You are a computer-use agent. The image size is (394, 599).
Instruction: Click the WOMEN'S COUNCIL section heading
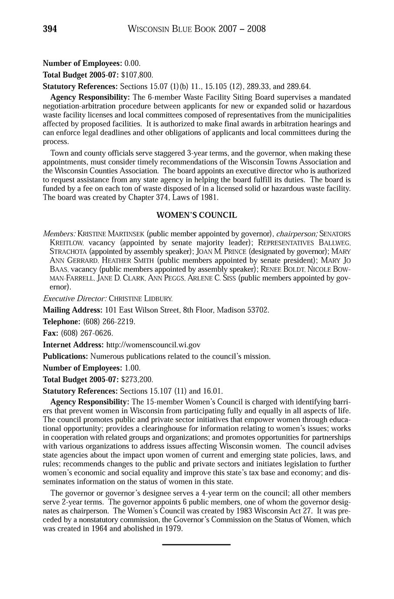click(x=196, y=215)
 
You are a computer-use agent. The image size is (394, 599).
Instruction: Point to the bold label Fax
click(x=50, y=333)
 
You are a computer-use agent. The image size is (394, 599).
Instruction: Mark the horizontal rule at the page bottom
click(x=196, y=544)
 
